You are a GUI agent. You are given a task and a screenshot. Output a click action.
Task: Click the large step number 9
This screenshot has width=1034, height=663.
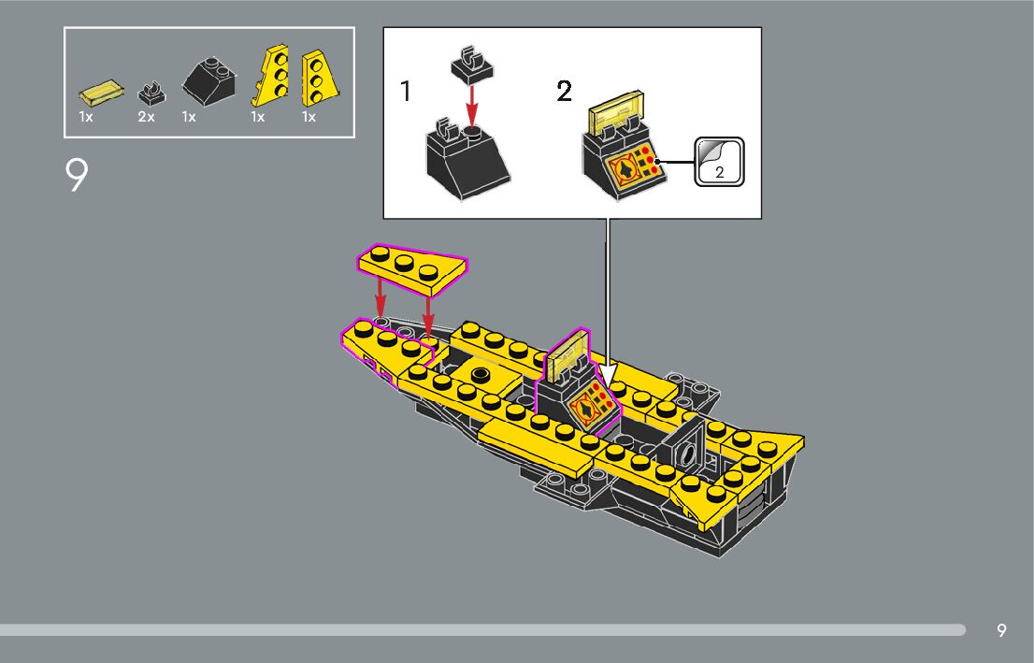[77, 175]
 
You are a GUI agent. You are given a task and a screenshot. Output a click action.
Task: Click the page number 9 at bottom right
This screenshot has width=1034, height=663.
[1001, 630]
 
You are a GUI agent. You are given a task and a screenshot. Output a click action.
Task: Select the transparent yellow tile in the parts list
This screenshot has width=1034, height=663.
[101, 93]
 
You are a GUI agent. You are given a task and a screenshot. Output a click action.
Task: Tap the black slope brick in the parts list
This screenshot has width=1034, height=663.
[209, 80]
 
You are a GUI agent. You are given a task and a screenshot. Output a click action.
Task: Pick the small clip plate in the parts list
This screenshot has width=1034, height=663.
[151, 93]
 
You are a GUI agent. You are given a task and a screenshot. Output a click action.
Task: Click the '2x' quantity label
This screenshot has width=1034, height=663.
[146, 117]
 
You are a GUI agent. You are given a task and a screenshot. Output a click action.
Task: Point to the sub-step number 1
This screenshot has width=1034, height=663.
[406, 91]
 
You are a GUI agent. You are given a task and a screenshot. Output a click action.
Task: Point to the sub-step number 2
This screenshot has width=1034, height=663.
[564, 91]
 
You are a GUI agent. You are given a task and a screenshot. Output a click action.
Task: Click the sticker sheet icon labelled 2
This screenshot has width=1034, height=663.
[719, 162]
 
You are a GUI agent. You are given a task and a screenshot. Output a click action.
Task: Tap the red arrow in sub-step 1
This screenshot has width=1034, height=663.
[471, 105]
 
